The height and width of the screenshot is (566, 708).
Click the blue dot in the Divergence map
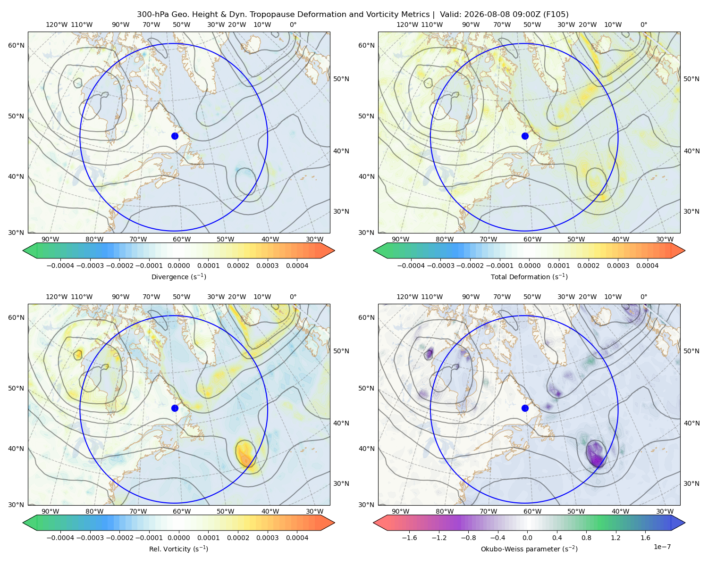(x=175, y=136)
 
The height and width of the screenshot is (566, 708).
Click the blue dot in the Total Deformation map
(x=525, y=136)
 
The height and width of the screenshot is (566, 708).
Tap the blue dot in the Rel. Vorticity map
(x=175, y=408)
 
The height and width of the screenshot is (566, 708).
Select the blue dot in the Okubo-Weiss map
(x=525, y=408)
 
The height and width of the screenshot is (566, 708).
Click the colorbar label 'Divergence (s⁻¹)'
(x=178, y=276)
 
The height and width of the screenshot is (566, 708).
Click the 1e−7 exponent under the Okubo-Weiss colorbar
(x=662, y=547)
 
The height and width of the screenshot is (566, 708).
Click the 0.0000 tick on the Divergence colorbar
(x=178, y=266)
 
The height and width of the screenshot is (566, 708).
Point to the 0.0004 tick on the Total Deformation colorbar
(x=647, y=266)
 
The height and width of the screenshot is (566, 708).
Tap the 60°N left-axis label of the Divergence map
(x=16, y=45)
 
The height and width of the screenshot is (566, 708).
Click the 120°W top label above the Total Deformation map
(x=407, y=25)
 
